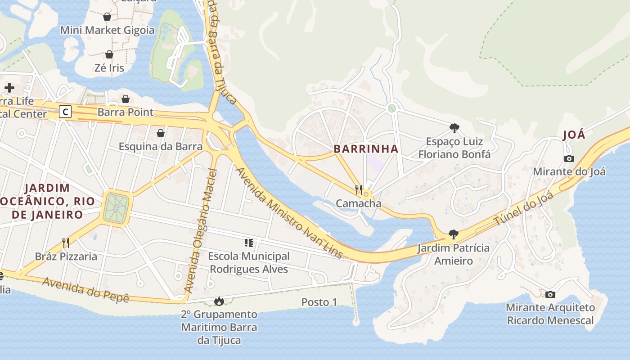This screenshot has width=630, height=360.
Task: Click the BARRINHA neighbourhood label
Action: point(366,149)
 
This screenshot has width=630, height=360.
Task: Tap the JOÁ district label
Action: point(574,135)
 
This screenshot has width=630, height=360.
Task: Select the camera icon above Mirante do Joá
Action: point(569,158)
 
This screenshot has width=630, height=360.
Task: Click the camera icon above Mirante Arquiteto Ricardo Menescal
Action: point(550,294)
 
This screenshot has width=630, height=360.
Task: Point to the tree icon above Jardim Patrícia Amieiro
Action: point(453,234)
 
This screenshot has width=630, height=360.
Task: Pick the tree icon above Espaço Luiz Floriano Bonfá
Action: point(454,128)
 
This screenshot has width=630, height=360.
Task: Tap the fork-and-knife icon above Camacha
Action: point(359,189)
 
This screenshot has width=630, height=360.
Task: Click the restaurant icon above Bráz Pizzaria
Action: point(66,243)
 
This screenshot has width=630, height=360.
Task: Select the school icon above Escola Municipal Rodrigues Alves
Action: point(248,243)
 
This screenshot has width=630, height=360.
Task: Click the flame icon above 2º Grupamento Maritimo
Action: point(219,301)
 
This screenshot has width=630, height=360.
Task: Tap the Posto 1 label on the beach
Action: point(319,302)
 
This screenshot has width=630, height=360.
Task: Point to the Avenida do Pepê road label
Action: point(85,290)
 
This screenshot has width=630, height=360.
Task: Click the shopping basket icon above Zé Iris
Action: point(109,54)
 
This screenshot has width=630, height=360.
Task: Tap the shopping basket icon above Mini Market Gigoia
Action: point(107,17)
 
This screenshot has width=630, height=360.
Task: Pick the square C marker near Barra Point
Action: point(65,112)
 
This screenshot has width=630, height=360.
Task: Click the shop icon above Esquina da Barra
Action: point(160,133)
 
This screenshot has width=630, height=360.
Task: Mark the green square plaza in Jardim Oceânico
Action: point(117,208)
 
